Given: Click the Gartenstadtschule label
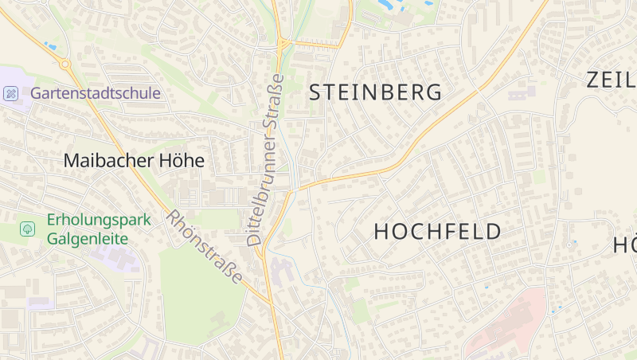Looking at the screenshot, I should point(96,93).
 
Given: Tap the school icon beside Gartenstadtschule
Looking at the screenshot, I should point(11,94).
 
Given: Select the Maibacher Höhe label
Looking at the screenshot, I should point(134,161).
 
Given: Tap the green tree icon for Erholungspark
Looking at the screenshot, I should point(28,229).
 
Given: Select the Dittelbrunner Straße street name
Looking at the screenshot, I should point(264,159).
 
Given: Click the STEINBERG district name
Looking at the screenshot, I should point(375,92).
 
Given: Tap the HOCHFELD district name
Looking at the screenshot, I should point(438,232).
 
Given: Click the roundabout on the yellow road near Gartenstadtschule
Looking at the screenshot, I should point(64,64).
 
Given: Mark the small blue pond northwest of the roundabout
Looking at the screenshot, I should point(51,46).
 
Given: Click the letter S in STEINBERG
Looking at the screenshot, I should point(315,92).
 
